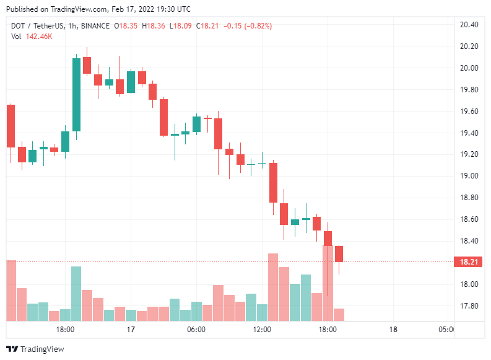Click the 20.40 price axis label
[469, 25]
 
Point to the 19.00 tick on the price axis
[469, 176]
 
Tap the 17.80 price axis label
[469, 306]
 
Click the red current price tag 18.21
[468, 262]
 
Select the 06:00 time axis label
[196, 330]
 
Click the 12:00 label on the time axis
[262, 330]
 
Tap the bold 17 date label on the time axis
[131, 330]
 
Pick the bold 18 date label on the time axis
[393, 330]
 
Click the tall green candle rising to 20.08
[76, 94]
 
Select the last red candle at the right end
[339, 253]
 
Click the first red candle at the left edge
[11, 126]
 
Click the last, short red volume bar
[339, 314]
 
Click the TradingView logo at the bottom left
[35, 349]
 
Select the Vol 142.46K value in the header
[38, 37]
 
